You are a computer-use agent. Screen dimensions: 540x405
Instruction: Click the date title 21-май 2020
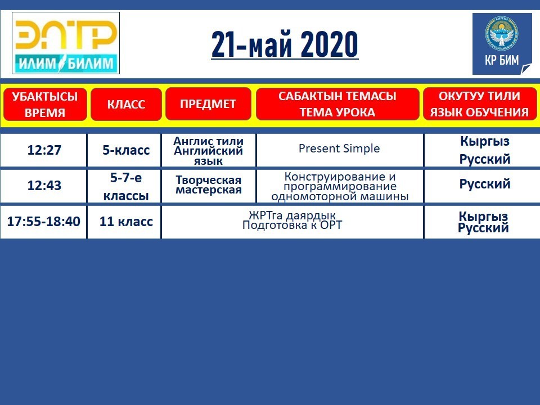tap(285, 45)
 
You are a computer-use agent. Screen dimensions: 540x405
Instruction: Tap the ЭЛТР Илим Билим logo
tap(66, 43)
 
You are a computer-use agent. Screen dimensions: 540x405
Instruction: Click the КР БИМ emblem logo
tap(502, 44)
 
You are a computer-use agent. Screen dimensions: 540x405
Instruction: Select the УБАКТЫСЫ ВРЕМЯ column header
tap(45, 105)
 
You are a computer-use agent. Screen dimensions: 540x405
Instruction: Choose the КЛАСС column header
tap(126, 105)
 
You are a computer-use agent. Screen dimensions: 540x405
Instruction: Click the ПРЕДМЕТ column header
tap(208, 103)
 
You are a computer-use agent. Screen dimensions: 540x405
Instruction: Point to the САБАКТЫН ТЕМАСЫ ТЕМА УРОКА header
tap(337, 103)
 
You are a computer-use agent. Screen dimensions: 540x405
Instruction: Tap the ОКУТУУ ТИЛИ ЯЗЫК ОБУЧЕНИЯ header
tap(479, 103)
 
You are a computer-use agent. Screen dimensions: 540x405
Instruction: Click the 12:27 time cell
tap(44, 150)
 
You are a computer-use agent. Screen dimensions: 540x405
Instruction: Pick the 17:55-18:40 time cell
tap(44, 222)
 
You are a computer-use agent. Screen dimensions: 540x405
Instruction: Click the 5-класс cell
tap(126, 150)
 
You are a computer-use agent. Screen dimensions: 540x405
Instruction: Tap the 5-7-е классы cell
tap(126, 186)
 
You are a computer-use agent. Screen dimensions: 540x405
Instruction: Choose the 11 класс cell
tap(126, 222)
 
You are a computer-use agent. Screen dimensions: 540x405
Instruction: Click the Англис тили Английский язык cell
tap(208, 151)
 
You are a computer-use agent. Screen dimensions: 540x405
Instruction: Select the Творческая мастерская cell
tap(208, 185)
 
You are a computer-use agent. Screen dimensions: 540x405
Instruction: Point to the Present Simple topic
tap(339, 148)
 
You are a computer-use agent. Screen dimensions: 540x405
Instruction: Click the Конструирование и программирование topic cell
tap(340, 186)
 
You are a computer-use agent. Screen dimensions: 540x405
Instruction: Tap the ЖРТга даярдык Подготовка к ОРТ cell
tap(292, 220)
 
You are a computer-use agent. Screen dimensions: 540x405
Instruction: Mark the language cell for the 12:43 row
tap(484, 184)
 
